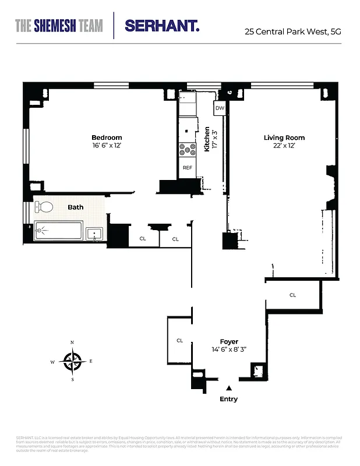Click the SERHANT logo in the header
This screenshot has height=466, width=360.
click(162, 26)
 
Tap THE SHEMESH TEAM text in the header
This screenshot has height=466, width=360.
click(59, 26)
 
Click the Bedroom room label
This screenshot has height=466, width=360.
click(106, 137)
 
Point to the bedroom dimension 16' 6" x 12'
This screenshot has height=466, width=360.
click(106, 146)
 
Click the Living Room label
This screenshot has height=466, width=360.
click(284, 138)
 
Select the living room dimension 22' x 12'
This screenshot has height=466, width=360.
click(284, 146)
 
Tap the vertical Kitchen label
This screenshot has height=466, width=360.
click(207, 139)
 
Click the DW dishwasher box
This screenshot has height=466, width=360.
click(220, 108)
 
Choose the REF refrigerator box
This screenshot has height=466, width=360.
click(187, 168)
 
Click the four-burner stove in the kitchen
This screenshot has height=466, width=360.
click(187, 150)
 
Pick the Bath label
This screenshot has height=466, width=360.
click(76, 207)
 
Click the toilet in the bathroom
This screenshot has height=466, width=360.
click(44, 207)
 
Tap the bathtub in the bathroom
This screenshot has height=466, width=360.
click(59, 231)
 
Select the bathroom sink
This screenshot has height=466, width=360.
click(94, 234)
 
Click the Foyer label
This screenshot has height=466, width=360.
click(228, 342)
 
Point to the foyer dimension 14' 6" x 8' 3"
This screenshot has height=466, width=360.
click(228, 349)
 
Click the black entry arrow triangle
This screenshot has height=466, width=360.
click(229, 387)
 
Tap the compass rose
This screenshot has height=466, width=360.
click(72, 362)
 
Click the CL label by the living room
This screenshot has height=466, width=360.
click(292, 295)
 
